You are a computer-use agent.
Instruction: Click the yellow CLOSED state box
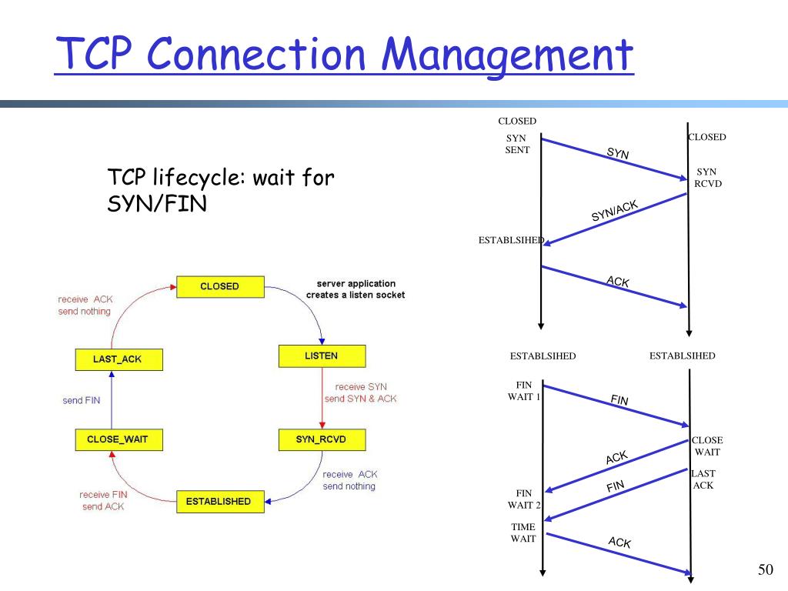[x=220, y=286]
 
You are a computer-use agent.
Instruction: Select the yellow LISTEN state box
[x=321, y=356]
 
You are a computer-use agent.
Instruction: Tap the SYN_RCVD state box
[x=321, y=439]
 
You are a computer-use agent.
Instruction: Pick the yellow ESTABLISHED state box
[x=219, y=501]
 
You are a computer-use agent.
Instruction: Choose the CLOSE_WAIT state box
[x=112, y=440]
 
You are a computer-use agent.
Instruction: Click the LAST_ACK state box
[x=118, y=359]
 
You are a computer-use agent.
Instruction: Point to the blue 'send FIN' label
[x=82, y=400]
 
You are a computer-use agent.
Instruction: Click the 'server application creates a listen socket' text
[x=356, y=289]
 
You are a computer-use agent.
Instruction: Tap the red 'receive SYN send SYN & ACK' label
[x=360, y=392]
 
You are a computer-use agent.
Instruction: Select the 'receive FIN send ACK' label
[x=102, y=500]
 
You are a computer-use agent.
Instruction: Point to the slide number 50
[x=764, y=569]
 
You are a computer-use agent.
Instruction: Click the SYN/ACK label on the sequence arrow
[x=614, y=210]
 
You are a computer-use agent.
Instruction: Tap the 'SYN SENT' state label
[x=516, y=144]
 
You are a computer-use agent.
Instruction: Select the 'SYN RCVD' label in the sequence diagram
[x=707, y=178]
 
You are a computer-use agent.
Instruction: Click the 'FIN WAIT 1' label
[x=524, y=391]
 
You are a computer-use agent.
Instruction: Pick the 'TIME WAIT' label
[x=523, y=533]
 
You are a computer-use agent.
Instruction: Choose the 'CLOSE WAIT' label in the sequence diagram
[x=707, y=446]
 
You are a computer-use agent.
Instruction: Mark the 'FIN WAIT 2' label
[x=524, y=499]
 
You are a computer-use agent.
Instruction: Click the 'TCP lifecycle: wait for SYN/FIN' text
[x=221, y=192]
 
